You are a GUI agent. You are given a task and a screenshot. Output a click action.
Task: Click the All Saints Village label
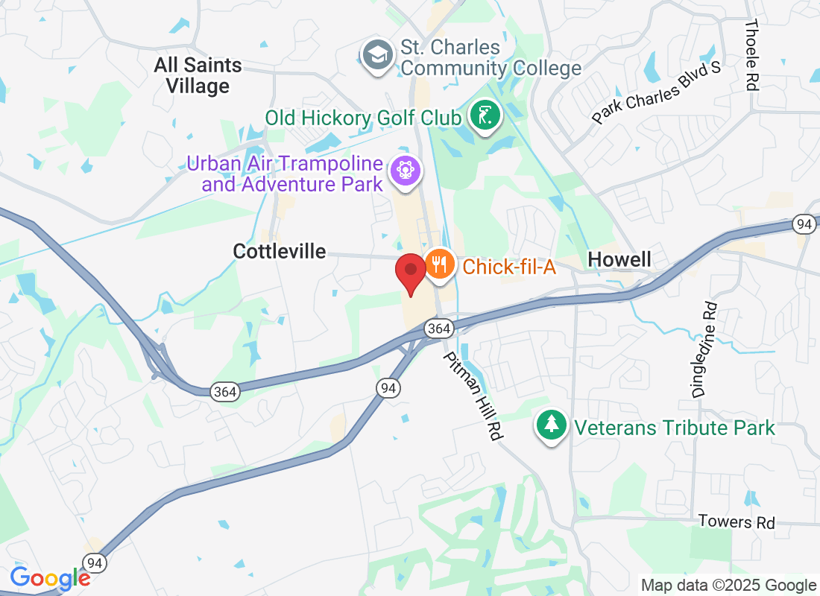(198, 75)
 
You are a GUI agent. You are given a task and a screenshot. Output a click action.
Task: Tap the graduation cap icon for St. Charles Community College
(378, 54)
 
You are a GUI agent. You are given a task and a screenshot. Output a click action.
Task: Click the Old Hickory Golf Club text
(364, 118)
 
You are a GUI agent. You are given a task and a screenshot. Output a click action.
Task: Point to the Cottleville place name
(280, 251)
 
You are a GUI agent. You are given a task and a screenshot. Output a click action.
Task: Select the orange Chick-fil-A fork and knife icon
(440, 264)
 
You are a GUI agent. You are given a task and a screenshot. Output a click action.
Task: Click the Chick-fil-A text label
(509, 266)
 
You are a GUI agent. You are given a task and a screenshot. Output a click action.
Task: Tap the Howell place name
(619, 259)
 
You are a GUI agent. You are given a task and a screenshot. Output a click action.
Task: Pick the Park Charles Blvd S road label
(657, 93)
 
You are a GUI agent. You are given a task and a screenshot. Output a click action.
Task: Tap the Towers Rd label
(737, 521)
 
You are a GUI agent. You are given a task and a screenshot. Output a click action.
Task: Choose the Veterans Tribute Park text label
(675, 428)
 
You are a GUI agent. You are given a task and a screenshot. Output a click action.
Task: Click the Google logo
(50, 577)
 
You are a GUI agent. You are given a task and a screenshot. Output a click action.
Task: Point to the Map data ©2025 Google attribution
(728, 586)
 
